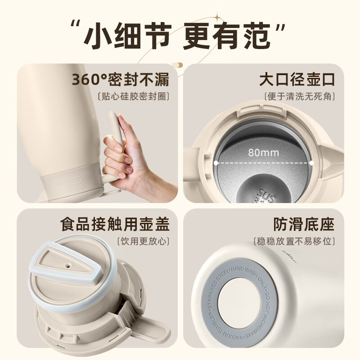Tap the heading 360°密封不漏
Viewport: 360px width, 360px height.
point(121,80)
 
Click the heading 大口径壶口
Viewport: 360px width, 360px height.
point(297,80)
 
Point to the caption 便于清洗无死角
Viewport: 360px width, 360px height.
point(300,96)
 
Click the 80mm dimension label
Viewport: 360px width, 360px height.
point(263,152)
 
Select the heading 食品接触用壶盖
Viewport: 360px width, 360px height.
point(114,224)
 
